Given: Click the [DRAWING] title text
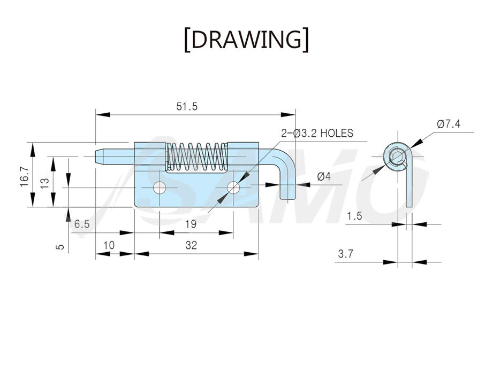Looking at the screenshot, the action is point(246,40).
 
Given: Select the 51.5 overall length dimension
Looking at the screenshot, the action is point(187,107).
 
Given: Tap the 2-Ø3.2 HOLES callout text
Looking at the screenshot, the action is point(317,134).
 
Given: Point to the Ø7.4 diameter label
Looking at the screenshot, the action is point(449,124).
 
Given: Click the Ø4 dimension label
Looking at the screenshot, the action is point(324,177).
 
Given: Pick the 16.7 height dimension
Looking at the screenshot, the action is point(25,177).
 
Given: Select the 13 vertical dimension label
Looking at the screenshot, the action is point(44,183).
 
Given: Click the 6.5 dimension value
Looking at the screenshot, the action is point(82,224).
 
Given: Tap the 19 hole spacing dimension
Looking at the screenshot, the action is point(191,224).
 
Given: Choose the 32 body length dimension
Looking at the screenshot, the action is point(191,245).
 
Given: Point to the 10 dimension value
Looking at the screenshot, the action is point(109,245).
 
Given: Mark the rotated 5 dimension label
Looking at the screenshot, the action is point(60,247).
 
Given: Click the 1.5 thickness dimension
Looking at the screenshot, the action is point(354,216).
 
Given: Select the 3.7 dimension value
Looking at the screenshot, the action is point(346,254).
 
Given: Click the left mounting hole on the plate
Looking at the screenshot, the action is point(160,188).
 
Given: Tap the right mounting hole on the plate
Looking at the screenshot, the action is point(233,188).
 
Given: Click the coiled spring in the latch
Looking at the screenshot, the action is point(197,157).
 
